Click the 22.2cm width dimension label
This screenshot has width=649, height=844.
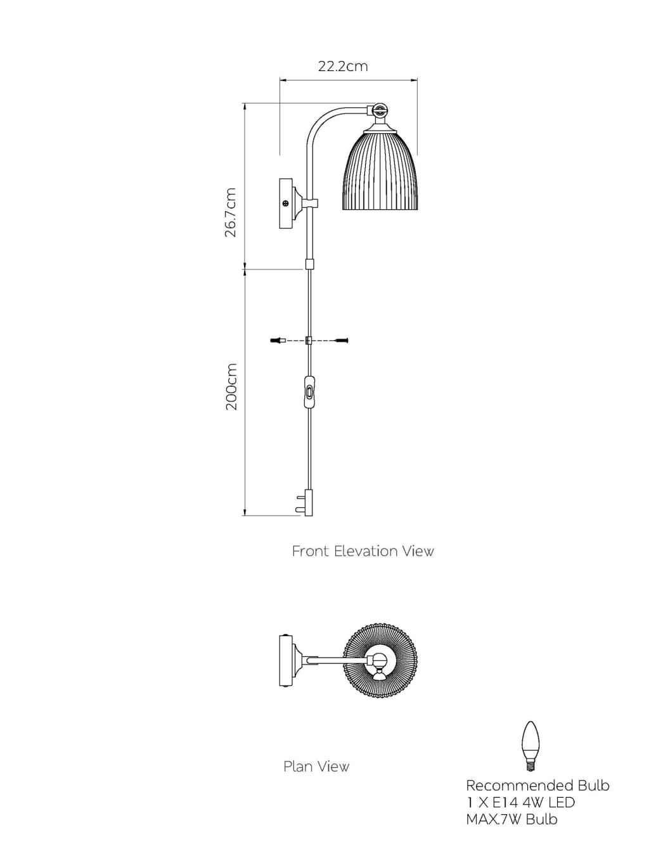pyautogui.click(x=343, y=67)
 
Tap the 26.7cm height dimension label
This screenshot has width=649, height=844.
pyautogui.click(x=231, y=212)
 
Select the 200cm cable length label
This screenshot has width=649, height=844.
pyautogui.click(x=231, y=387)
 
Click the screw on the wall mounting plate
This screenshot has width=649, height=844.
pyautogui.click(x=286, y=204)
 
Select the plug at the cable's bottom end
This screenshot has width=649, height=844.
pyautogui.click(x=307, y=502)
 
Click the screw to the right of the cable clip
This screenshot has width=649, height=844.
pyautogui.click(x=341, y=341)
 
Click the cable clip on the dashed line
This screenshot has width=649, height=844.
pyautogui.click(x=309, y=341)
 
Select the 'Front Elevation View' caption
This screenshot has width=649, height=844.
pyautogui.click(x=363, y=552)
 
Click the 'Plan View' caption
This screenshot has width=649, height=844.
pyautogui.click(x=316, y=767)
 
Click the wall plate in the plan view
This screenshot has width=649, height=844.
pyautogui.click(x=286, y=661)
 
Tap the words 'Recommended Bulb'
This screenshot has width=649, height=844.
pyautogui.click(x=537, y=786)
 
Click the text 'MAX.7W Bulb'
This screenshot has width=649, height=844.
pyautogui.click(x=511, y=819)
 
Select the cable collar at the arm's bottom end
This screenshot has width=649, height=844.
pyautogui.click(x=310, y=263)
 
